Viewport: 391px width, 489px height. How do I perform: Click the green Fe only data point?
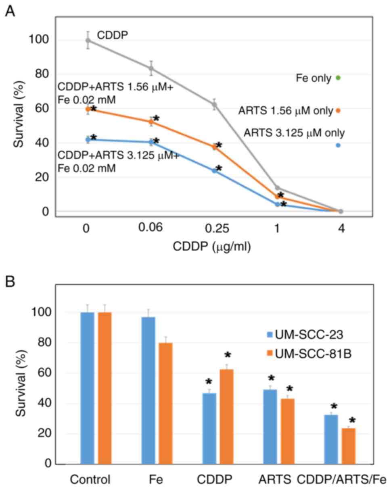pyautogui.click(x=338, y=77)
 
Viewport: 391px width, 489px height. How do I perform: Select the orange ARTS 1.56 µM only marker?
pyautogui.click(x=338, y=110)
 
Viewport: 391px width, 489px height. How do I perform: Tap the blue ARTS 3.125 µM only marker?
pyautogui.click(x=338, y=145)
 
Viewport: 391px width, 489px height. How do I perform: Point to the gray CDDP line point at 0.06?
pyautogui.click(x=151, y=68)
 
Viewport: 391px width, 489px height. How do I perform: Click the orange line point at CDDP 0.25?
pyautogui.click(x=215, y=147)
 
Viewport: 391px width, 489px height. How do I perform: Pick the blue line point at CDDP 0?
pyautogui.click(x=88, y=139)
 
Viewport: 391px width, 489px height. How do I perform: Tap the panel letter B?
pyautogui.click(x=10, y=282)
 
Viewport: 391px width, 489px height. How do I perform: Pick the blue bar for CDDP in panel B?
pyautogui.click(x=209, y=428)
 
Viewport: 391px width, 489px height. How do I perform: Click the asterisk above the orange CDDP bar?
pyautogui.click(x=228, y=355)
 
